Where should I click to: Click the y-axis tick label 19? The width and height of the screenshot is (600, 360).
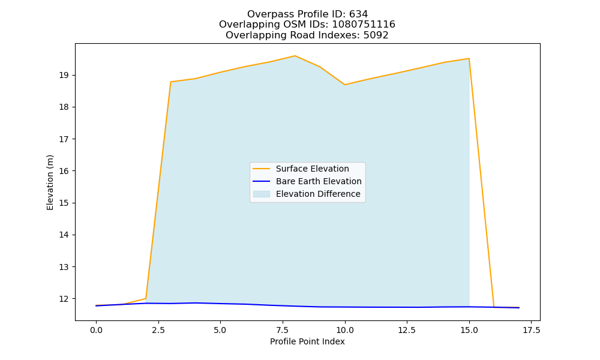click(x=64, y=76)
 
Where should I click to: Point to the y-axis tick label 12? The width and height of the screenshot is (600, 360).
click(x=64, y=299)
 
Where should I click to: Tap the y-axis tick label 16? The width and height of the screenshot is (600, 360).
click(x=64, y=171)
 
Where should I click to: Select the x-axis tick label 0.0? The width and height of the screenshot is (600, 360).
click(x=96, y=331)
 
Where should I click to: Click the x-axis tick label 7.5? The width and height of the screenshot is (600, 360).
click(x=283, y=331)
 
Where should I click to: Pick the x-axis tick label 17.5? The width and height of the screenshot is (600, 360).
click(x=531, y=331)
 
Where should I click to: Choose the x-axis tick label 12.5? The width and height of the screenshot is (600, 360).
click(x=406, y=331)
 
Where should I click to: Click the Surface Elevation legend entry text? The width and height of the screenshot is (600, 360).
click(x=312, y=169)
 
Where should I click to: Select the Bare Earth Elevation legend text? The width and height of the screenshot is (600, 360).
click(x=319, y=181)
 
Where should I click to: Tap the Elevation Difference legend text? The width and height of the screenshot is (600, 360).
click(x=318, y=194)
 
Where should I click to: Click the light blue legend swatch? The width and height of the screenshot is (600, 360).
click(x=262, y=194)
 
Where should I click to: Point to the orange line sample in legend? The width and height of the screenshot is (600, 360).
click(x=262, y=169)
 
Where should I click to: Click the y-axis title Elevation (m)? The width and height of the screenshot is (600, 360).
click(x=50, y=182)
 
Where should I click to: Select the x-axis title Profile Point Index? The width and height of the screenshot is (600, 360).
click(x=307, y=341)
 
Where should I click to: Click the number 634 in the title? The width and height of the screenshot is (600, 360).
click(x=359, y=14)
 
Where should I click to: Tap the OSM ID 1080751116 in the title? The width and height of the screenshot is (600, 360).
click(x=364, y=25)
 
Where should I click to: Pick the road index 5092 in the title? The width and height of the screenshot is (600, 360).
click(x=376, y=35)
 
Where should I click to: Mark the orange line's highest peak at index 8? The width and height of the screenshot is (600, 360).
click(x=295, y=56)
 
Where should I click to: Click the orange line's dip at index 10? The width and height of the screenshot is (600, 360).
click(x=344, y=85)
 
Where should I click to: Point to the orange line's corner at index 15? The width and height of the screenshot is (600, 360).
click(x=469, y=59)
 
